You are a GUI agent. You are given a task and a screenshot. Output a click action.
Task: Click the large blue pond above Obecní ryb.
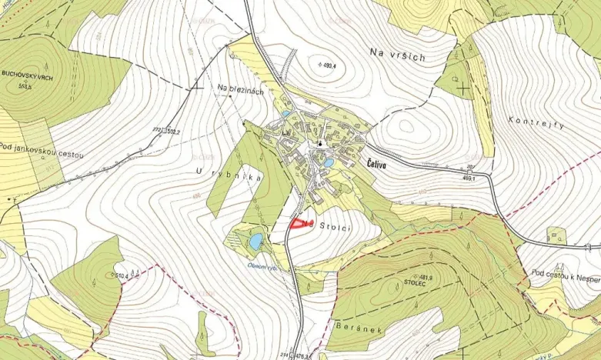254,242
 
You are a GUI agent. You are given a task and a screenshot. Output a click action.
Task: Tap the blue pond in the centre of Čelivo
328,163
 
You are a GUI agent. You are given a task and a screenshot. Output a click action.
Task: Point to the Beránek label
355,326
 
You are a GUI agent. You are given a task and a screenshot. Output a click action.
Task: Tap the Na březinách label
241,91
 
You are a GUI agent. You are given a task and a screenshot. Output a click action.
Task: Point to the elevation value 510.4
120,275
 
